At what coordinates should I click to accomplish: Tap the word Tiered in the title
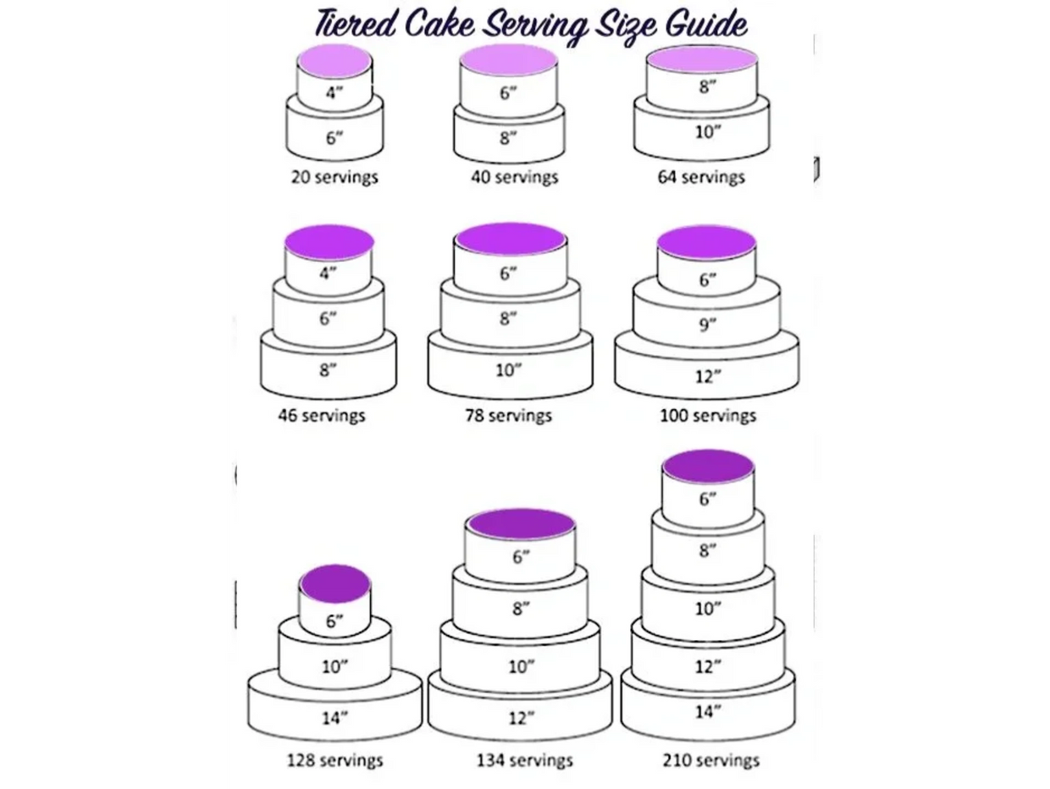point(355,23)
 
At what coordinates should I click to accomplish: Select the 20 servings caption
point(334,177)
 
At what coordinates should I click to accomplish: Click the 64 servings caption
point(701,177)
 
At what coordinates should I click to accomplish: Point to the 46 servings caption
point(322,415)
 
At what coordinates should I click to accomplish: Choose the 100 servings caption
point(708,415)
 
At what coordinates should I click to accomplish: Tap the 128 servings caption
point(334,760)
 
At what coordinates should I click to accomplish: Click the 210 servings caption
point(710,760)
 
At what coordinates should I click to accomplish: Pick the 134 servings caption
point(524,760)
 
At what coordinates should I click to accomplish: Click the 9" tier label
point(708,325)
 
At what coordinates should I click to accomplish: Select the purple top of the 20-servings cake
point(334,61)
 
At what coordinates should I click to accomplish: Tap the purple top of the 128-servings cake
point(334,583)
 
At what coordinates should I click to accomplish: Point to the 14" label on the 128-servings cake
point(334,718)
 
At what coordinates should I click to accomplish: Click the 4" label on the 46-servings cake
point(328,273)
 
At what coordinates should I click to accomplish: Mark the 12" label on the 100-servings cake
point(708,377)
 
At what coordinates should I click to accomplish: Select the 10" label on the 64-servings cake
point(708,131)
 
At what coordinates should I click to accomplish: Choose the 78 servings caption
point(509,415)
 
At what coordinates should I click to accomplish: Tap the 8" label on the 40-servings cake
point(508,138)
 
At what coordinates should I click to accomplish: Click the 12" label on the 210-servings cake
point(708,666)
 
